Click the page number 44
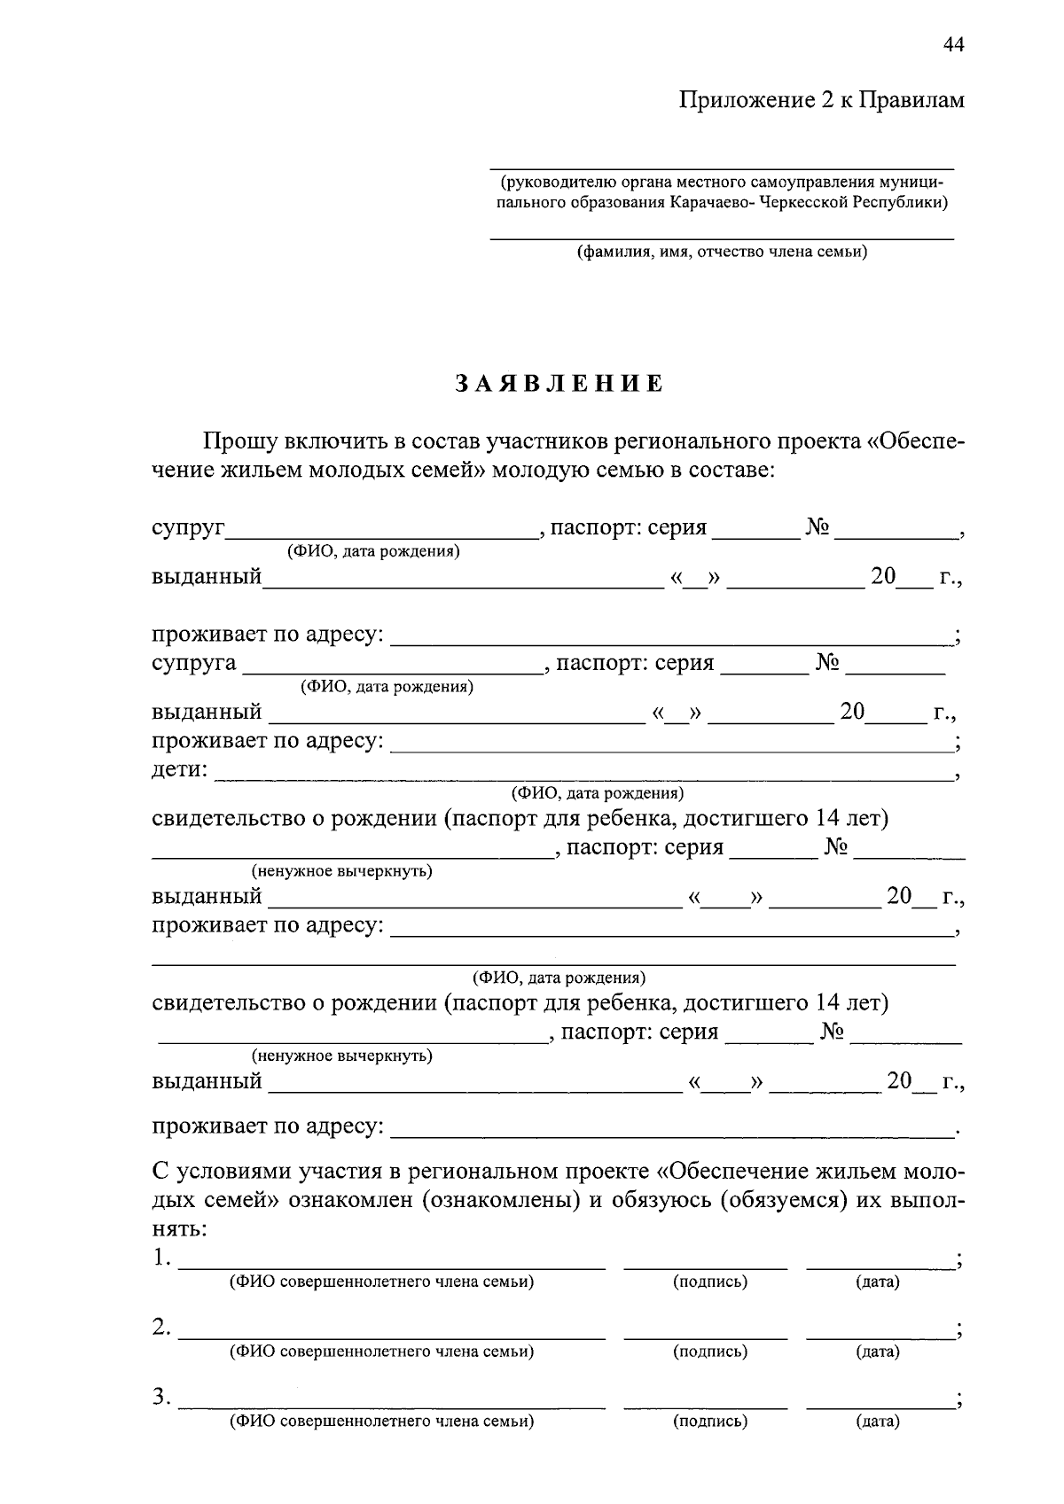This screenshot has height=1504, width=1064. [953, 46]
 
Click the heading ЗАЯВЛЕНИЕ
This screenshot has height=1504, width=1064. [559, 384]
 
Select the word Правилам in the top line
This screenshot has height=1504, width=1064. [913, 100]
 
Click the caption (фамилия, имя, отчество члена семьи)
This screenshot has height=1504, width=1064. [723, 252]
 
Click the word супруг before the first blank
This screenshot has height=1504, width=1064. [189, 529]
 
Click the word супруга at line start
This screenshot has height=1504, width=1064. [194, 664]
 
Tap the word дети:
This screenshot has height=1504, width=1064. [180, 769]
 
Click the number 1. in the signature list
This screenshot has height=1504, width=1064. [161, 1257]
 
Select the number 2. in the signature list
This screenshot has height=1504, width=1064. [161, 1327]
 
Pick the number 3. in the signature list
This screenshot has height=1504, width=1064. [161, 1397]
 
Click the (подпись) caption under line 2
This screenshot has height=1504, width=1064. [709, 1352]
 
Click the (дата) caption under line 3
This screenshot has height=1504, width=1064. [877, 1422]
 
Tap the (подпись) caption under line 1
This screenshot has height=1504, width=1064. [709, 1282]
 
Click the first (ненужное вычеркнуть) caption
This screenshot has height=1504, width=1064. [342, 871]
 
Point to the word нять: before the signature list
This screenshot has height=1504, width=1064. [180, 1229]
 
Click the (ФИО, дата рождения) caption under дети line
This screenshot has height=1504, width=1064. [597, 792]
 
